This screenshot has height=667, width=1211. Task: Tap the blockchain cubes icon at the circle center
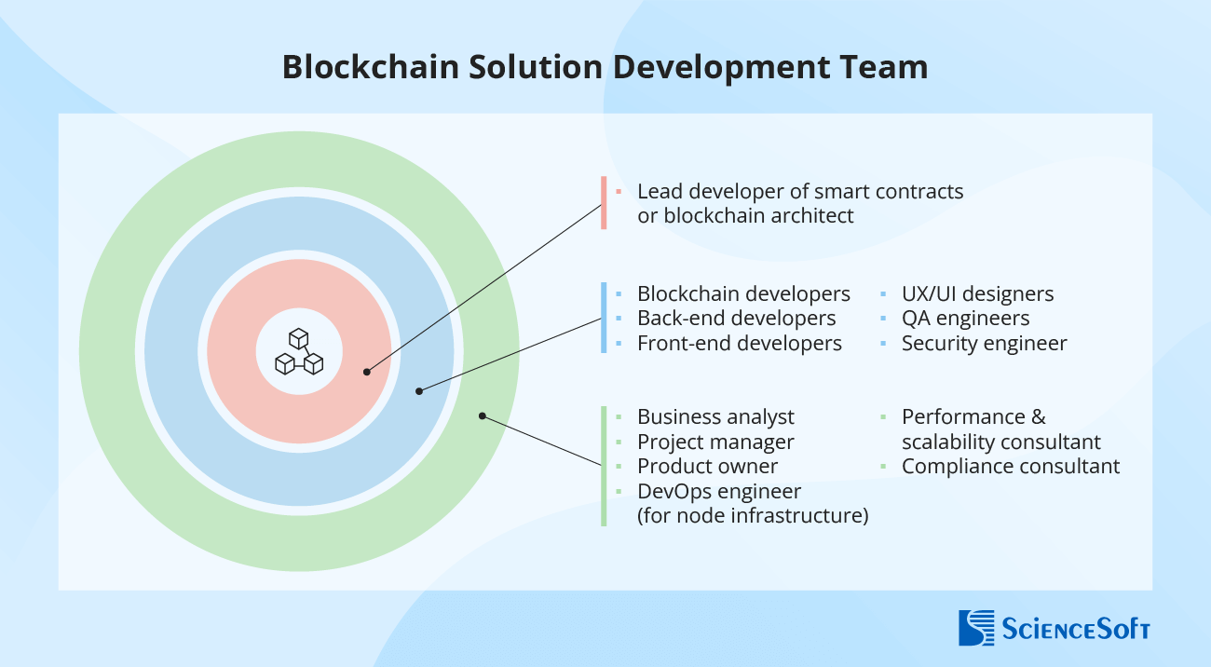click(299, 352)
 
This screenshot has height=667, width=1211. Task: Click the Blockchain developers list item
click(743, 294)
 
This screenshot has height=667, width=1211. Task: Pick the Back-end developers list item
click(736, 319)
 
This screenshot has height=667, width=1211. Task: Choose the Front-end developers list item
click(739, 344)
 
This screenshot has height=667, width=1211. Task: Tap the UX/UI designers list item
click(977, 294)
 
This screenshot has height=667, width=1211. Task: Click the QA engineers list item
click(965, 319)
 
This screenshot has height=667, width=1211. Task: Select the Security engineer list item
click(984, 344)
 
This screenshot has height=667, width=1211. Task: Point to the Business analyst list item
click(715, 417)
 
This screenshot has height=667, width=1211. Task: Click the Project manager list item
click(715, 442)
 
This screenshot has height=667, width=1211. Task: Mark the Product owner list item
click(707, 466)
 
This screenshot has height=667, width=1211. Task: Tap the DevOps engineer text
click(719, 491)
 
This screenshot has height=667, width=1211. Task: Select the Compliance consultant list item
click(1010, 466)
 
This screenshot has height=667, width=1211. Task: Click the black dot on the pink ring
click(367, 372)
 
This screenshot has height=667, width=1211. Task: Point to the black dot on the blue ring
click(419, 391)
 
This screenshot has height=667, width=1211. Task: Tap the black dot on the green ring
click(482, 415)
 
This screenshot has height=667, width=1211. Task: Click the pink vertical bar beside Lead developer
click(604, 203)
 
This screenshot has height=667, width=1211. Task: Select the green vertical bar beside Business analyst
click(604, 466)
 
